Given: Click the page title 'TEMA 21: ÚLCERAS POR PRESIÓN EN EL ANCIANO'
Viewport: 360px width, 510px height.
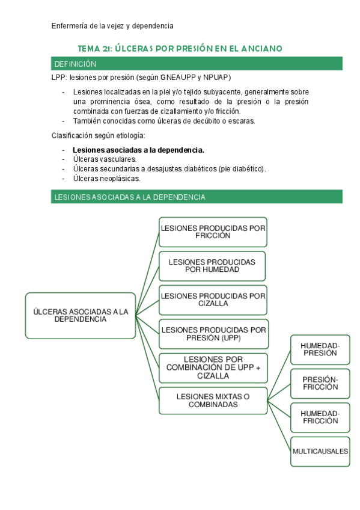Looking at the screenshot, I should coord(180,48).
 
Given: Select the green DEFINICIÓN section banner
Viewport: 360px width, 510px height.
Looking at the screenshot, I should coord(197,64).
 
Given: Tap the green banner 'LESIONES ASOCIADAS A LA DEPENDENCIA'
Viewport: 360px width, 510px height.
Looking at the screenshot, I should coord(197,197).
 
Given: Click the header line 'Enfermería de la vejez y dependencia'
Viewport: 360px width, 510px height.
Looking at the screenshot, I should coord(112,26).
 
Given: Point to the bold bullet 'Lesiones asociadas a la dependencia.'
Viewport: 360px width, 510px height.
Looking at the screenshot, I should coord(138,150).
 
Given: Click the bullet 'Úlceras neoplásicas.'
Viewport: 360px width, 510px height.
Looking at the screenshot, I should coord(106,179).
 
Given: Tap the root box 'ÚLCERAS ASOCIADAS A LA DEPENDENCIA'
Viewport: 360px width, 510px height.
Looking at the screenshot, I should coord(81,315).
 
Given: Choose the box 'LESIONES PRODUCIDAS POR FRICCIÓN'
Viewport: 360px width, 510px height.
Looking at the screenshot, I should coord(213,232).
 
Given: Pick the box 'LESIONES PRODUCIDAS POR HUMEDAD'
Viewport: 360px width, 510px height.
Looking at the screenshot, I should coord(212,266).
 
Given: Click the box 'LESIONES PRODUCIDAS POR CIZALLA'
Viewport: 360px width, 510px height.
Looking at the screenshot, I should coord(213,300).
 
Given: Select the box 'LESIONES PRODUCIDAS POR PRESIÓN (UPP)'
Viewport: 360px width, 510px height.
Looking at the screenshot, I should coord(213,334).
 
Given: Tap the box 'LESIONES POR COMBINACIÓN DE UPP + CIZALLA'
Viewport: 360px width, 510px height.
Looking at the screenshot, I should coord(213,367).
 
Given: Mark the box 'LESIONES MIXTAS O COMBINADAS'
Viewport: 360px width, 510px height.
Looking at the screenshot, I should coord(213,401).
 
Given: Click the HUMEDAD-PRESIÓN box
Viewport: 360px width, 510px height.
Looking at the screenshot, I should coord(320,349).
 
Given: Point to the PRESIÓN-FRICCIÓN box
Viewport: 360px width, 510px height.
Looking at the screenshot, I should coord(320,383).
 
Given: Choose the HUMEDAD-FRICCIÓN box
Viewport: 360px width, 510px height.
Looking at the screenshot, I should coord(320,417).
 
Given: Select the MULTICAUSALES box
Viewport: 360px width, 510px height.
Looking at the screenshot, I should coord(320,451).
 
